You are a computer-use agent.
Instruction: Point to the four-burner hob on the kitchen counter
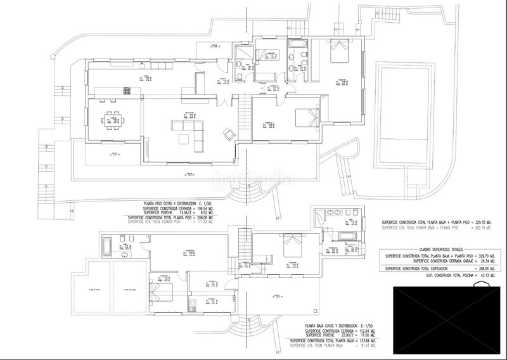pos(131,90)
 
